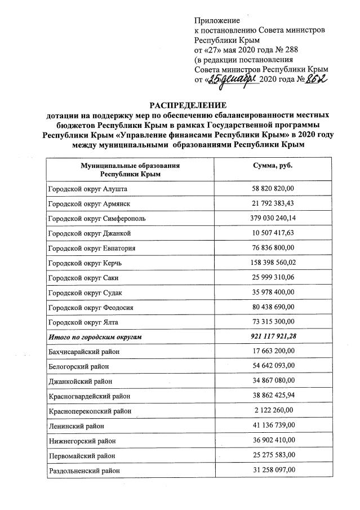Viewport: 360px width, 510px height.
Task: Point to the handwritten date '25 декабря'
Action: click(232, 79)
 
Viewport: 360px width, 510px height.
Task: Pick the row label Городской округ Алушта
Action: click(87, 189)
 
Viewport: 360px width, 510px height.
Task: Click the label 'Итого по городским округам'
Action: click(94, 336)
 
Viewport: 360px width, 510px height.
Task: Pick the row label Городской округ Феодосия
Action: click(89, 307)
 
